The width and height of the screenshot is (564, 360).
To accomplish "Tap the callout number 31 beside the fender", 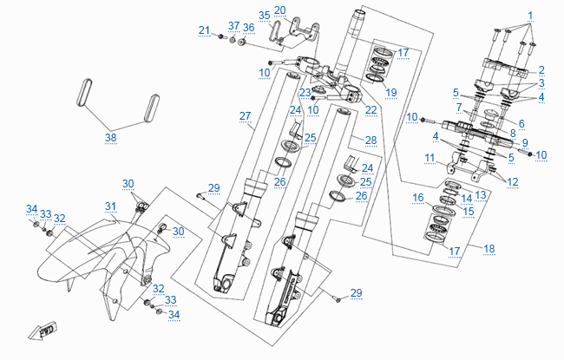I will click(x=110, y=206).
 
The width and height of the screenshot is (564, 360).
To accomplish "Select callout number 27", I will click(x=245, y=116).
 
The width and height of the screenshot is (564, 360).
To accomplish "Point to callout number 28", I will click(x=371, y=141).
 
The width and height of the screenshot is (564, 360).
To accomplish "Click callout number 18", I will click(x=489, y=249).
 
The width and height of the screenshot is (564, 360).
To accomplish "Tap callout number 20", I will click(x=279, y=10).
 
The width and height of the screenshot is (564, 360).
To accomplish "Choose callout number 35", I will click(x=265, y=16).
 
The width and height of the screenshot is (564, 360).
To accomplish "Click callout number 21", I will click(x=204, y=30).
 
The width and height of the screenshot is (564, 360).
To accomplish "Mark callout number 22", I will click(x=371, y=109).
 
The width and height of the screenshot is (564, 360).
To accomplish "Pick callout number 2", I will click(x=541, y=69).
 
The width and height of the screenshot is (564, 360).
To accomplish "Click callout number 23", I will click(x=305, y=92).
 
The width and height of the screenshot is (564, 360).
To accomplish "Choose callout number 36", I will click(x=248, y=28).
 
